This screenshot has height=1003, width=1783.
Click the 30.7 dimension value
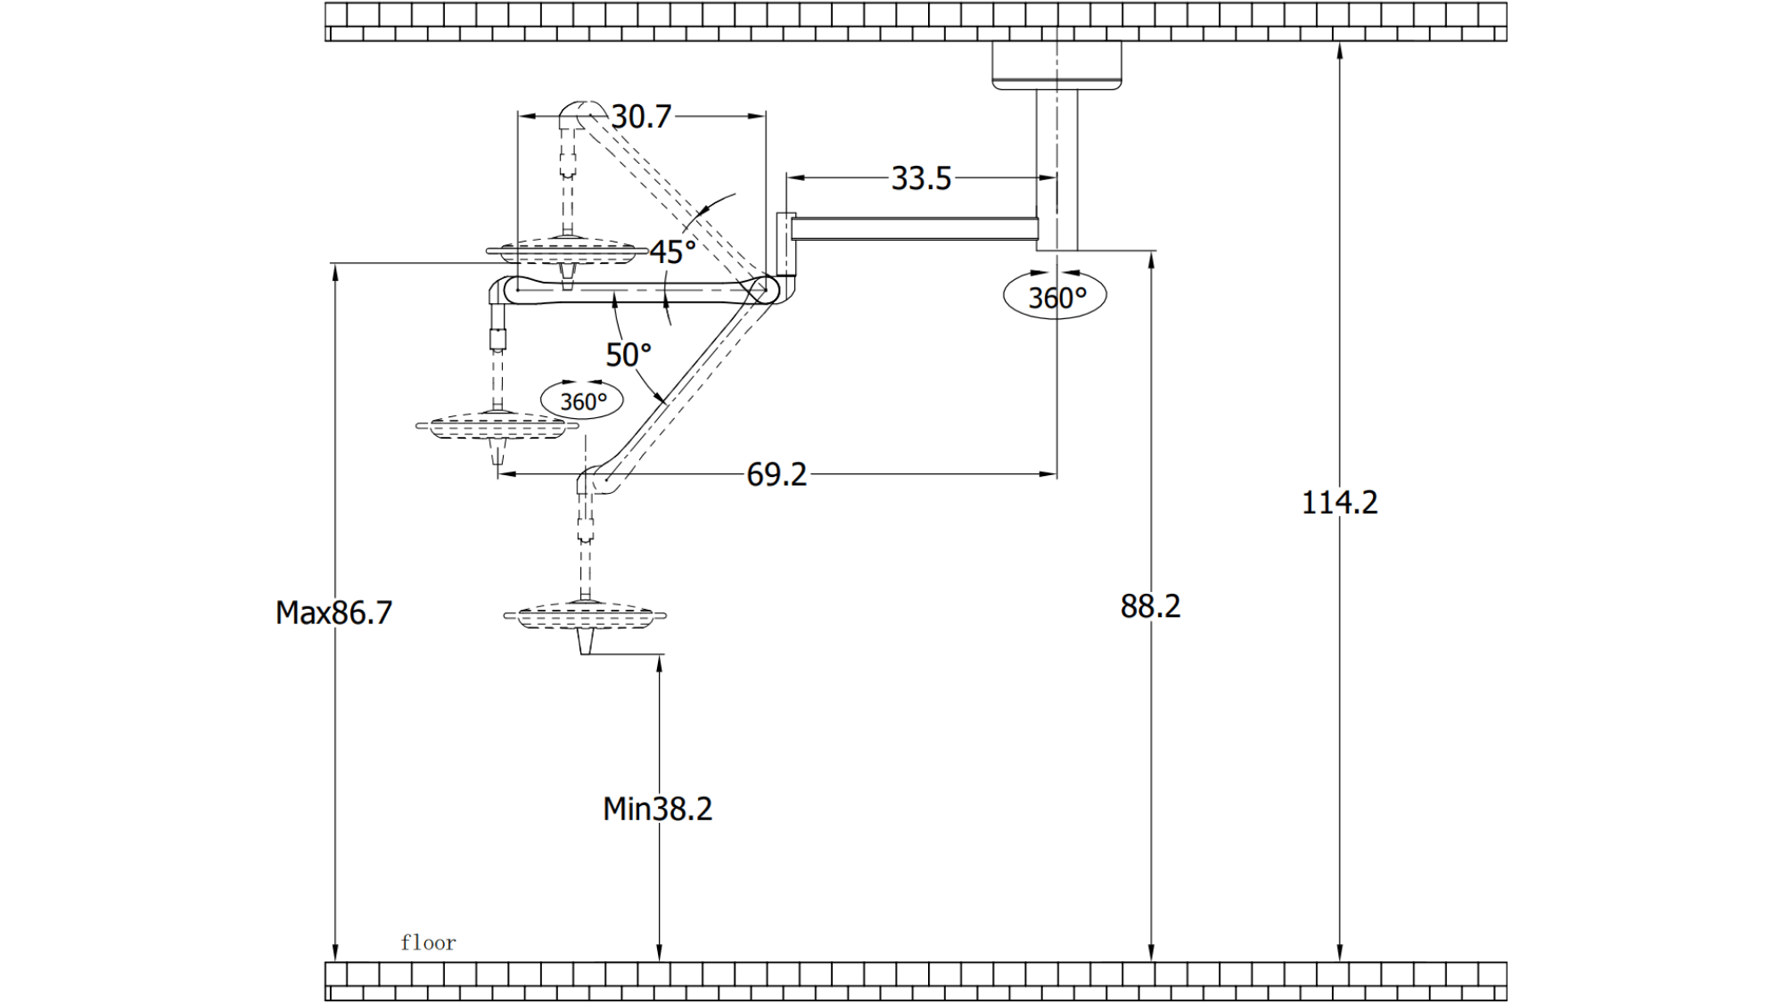(x=641, y=117)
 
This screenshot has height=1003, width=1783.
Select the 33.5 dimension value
(x=921, y=178)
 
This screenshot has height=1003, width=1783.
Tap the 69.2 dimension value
(x=776, y=474)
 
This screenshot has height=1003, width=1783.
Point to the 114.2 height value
(x=1339, y=503)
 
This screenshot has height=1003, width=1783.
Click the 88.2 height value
(x=1150, y=606)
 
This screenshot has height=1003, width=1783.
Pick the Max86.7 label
(x=333, y=612)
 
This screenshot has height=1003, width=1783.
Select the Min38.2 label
(x=657, y=809)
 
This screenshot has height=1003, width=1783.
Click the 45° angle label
(x=672, y=252)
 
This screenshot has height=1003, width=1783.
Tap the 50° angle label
(x=629, y=355)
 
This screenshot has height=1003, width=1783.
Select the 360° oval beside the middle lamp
(x=582, y=401)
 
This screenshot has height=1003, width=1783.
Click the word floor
(x=428, y=942)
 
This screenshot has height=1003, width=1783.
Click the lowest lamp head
(x=585, y=615)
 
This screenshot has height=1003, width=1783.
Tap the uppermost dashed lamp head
(x=567, y=251)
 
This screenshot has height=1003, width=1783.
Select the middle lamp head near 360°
(x=497, y=426)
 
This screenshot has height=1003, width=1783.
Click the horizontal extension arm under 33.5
(x=914, y=228)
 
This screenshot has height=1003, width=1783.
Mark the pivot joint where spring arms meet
(x=763, y=289)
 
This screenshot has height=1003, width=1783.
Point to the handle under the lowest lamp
(x=585, y=641)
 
